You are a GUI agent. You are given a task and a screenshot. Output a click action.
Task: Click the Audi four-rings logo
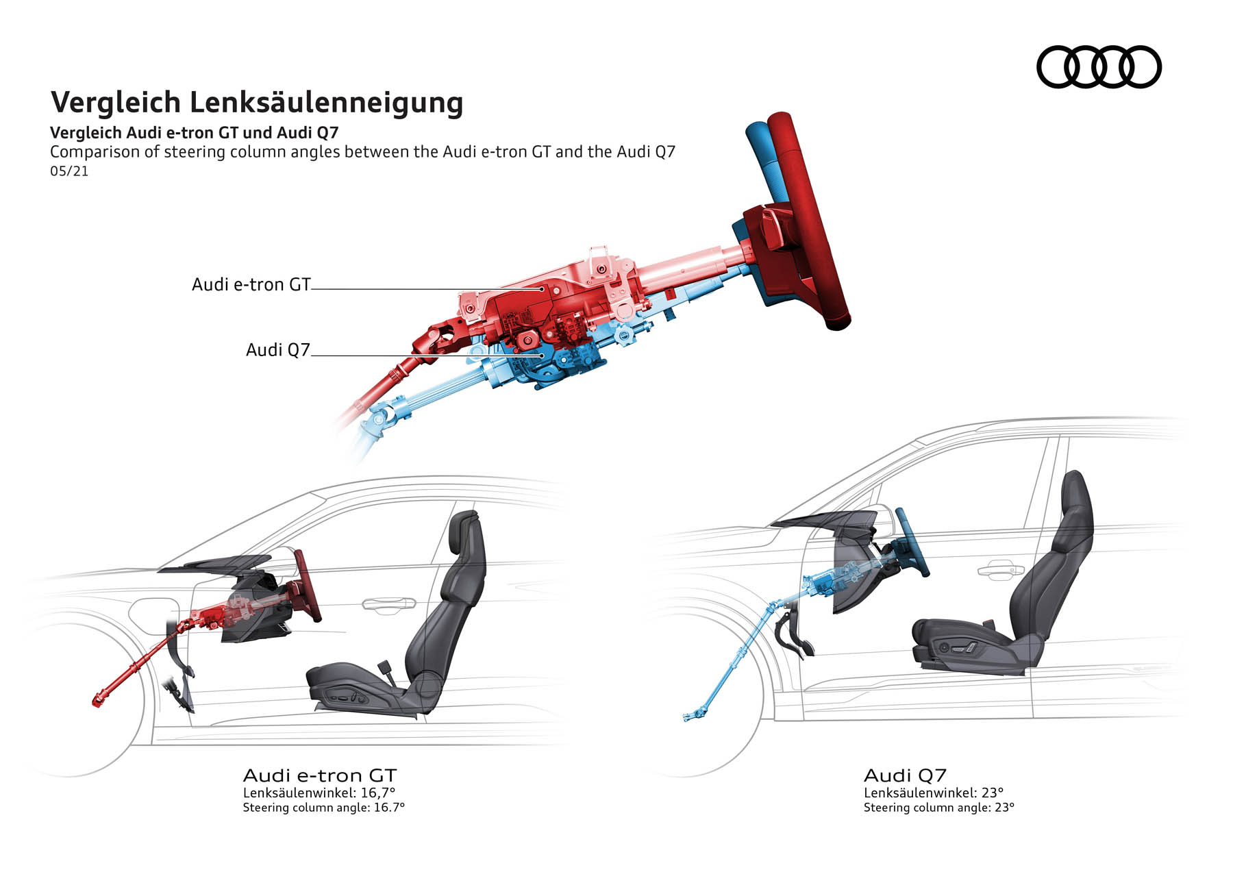tap(1098, 67)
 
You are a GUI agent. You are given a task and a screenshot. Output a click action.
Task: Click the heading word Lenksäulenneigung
tap(326, 103)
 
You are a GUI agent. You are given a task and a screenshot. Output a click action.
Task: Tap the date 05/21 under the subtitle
tap(69, 171)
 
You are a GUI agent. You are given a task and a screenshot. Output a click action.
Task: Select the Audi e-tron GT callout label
tap(251, 284)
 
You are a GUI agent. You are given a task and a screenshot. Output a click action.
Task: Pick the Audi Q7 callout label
tap(277, 350)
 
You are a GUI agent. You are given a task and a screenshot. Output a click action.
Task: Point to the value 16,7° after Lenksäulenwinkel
tap(378, 793)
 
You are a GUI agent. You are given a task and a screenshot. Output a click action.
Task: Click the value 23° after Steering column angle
tap(1004, 808)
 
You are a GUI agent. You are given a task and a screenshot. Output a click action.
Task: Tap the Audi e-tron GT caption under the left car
tap(320, 775)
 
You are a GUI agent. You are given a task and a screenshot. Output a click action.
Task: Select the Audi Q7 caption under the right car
tap(905, 775)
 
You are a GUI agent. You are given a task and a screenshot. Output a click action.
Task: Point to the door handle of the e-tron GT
tap(388, 603)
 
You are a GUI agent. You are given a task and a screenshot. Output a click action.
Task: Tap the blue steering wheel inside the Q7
tap(912, 541)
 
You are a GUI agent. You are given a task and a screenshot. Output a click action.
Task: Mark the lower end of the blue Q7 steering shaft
tap(688, 717)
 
